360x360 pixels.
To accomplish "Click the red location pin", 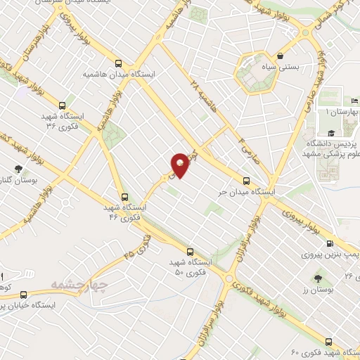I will coord(180,165).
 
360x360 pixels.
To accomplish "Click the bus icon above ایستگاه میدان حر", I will coord(245,179).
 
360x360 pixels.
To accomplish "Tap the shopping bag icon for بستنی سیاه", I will coord(281,56).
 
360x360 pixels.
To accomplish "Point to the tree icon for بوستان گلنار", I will coord(17,168).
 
